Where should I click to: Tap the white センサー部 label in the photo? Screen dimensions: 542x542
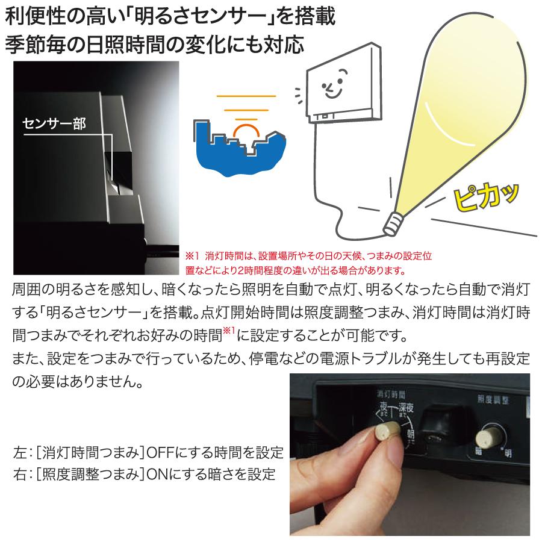[54, 124]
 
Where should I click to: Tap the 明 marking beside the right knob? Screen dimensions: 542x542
[508, 452]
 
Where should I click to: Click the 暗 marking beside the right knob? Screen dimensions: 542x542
[479, 450]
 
